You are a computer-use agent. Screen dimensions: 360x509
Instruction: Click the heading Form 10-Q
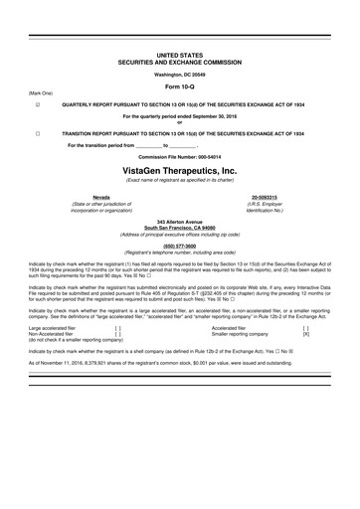(179, 86)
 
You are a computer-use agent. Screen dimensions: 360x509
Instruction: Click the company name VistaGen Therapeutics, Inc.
(179, 170)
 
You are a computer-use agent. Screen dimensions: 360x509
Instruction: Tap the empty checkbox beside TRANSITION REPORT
(38, 132)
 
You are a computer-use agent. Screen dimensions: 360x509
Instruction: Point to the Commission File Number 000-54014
(179, 157)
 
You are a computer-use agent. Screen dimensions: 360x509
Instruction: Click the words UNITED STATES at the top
(179, 55)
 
